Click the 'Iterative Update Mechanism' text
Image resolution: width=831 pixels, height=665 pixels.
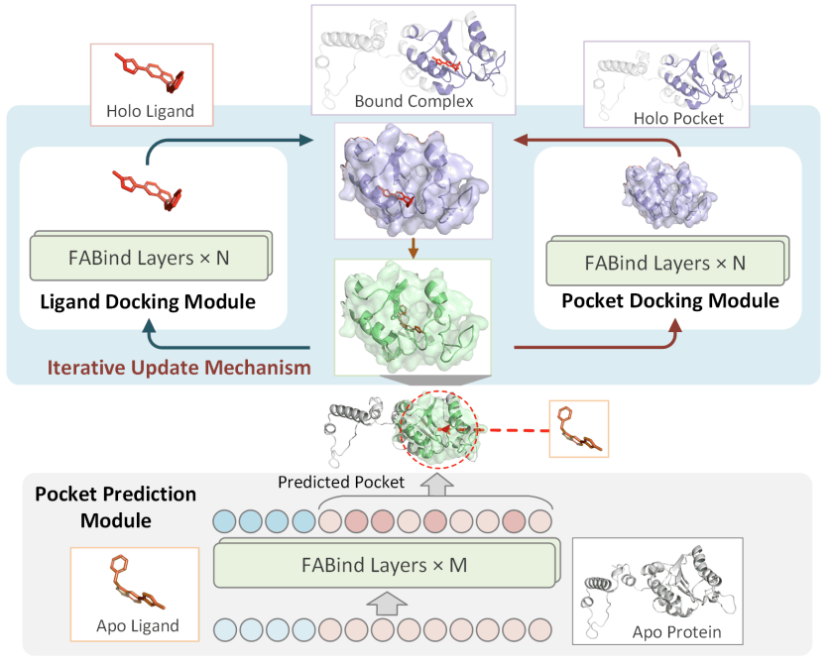pos(178,368)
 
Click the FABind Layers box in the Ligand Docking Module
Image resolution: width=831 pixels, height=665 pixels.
pos(151,259)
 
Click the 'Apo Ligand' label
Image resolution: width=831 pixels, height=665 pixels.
pos(137,625)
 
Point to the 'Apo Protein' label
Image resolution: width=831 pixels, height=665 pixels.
pos(673,631)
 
